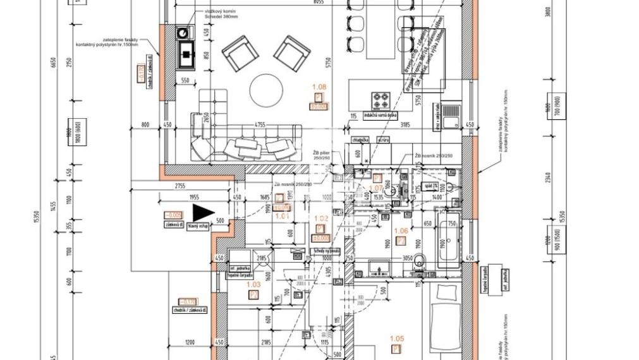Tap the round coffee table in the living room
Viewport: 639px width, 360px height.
(x=270, y=91)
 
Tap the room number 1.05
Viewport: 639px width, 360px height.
(x=397, y=338)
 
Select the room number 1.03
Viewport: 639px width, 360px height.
(x=253, y=285)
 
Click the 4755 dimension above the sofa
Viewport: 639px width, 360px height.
(x=241, y=124)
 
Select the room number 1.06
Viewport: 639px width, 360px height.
(x=401, y=231)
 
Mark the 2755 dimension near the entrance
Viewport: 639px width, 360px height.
(x=183, y=186)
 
